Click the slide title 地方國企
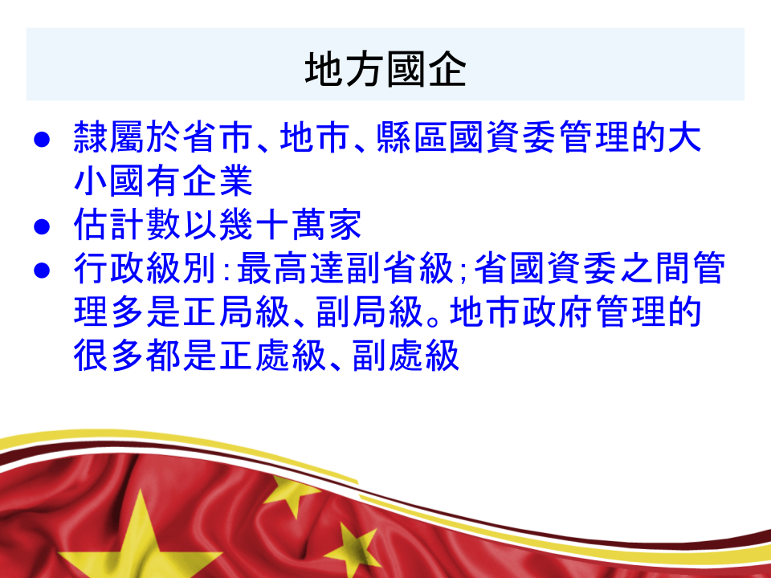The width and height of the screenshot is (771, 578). (x=385, y=69)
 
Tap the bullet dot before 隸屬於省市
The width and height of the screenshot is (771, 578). (x=42, y=140)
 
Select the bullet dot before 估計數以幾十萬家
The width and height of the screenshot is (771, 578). (x=42, y=226)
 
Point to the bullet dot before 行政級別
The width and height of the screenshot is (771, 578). (x=42, y=271)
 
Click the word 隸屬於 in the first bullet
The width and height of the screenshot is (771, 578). (x=127, y=137)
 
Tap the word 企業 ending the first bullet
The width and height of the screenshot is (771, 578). (x=235, y=181)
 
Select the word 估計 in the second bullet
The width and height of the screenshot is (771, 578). (x=110, y=225)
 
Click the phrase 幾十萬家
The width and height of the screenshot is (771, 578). (x=290, y=225)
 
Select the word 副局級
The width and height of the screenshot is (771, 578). (x=369, y=312)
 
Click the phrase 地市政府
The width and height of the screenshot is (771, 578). (x=522, y=312)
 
